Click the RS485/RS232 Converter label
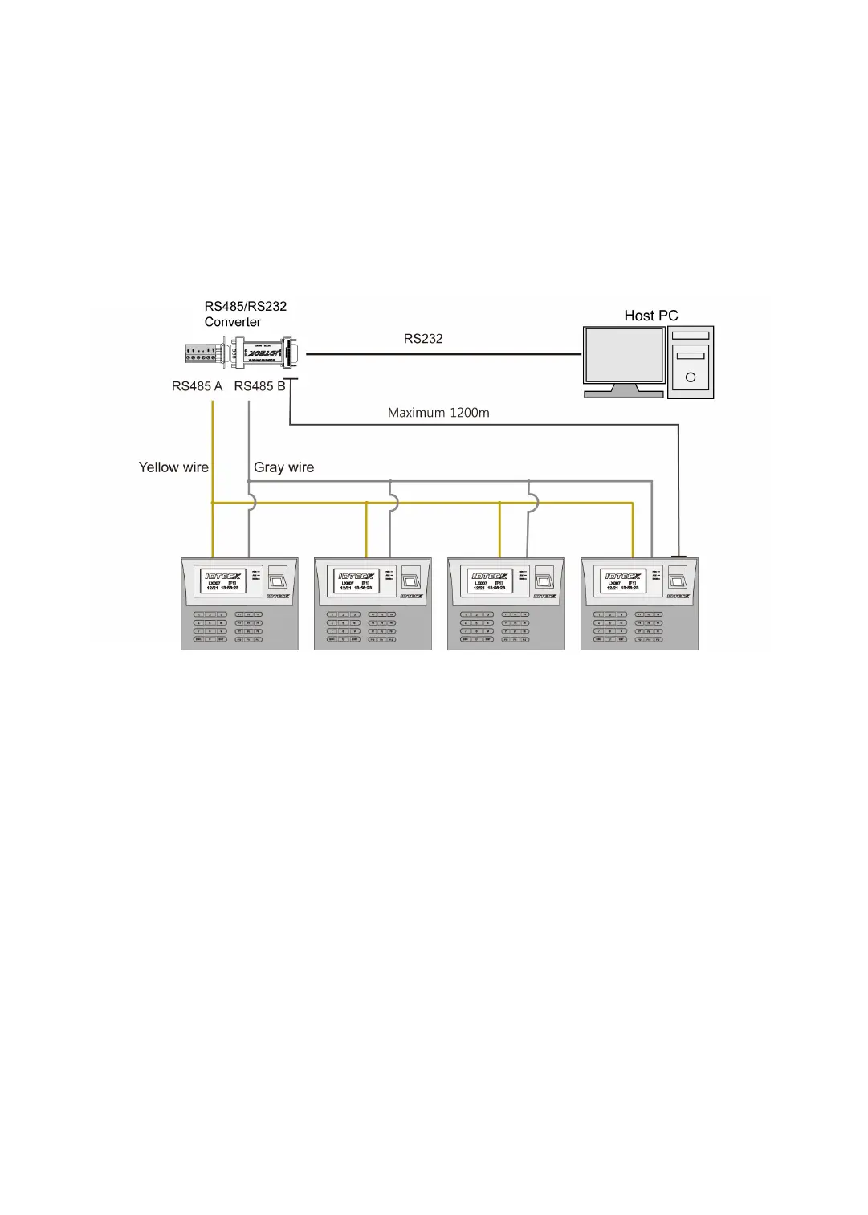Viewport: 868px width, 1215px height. [245, 314]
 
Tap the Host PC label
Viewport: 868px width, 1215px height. [650, 316]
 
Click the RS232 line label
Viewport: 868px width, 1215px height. [423, 339]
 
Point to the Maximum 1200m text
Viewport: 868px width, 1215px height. [438, 413]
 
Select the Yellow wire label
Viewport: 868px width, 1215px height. [173, 467]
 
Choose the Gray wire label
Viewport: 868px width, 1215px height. [283, 467]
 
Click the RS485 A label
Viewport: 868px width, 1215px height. [197, 386]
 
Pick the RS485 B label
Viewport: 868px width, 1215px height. [259, 386]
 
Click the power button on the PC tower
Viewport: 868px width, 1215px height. [691, 377]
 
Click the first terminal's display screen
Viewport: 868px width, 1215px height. [223, 581]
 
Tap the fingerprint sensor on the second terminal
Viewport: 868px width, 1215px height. [411, 577]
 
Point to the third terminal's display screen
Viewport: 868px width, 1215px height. [490, 581]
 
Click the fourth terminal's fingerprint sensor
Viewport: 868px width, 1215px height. [678, 577]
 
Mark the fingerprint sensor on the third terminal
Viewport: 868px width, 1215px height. [544, 577]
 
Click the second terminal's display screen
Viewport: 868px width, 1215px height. [357, 581]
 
